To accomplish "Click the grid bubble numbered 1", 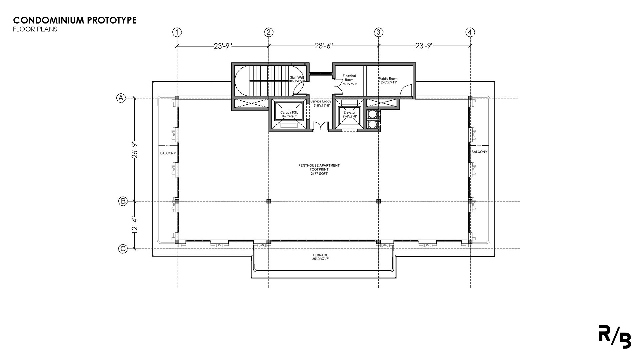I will (177, 32).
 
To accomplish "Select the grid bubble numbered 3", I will (378, 32).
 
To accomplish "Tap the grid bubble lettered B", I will (123, 201).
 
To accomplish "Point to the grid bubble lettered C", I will (123, 249).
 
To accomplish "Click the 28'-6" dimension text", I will (324, 46).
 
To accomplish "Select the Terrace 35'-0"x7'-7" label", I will (320, 257).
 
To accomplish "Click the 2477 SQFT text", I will (319, 174).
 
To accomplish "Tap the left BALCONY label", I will (168, 153).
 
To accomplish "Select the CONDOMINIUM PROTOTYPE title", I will (75, 20).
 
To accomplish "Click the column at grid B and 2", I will (269, 201).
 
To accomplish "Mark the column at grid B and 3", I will (378, 201).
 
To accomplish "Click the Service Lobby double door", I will (321, 126).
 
